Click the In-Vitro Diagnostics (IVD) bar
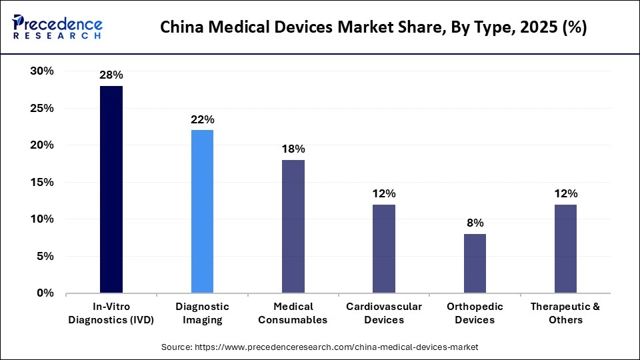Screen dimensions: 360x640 pos(111,189)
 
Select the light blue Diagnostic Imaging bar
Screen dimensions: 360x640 pos(202,211)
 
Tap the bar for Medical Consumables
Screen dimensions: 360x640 pos(293,226)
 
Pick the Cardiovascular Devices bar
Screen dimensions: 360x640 pos(384,249)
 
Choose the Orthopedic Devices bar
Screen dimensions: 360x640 pos(475,263)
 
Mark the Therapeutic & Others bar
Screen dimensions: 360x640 pos(565,249)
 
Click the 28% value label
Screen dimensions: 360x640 pos(111,75)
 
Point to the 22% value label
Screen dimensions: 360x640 pos(202,120)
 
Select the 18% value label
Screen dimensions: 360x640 pos(293,149)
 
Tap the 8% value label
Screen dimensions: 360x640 pos(475,223)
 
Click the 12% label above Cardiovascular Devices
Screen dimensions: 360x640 pos(384,194)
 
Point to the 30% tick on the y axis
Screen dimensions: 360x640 pos(41,71)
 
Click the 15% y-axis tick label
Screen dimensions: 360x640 pos(41,182)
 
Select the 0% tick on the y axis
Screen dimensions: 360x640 pos(45,293)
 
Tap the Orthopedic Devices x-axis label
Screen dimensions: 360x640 pos(475,313)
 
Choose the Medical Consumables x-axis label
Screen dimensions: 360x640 pos(293,313)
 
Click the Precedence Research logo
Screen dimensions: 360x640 pos(57,27)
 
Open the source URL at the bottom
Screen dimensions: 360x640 pos(320,347)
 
